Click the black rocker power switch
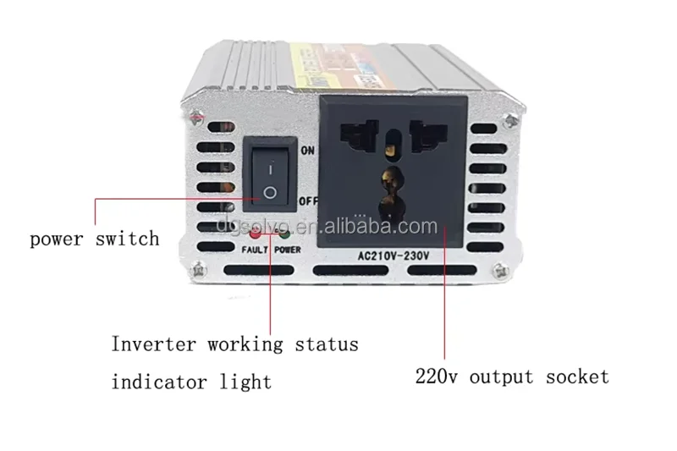pyautogui.click(x=269, y=179)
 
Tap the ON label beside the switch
pyautogui.click(x=308, y=151)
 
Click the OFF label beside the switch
pyautogui.click(x=309, y=201)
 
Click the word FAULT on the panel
pyautogui.click(x=255, y=250)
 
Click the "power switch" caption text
pyautogui.click(x=95, y=238)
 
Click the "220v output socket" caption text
pyautogui.click(x=511, y=376)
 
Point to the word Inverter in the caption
pyautogui.click(x=153, y=344)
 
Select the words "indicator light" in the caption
pyautogui.click(x=192, y=381)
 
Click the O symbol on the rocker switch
pyautogui.click(x=269, y=192)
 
